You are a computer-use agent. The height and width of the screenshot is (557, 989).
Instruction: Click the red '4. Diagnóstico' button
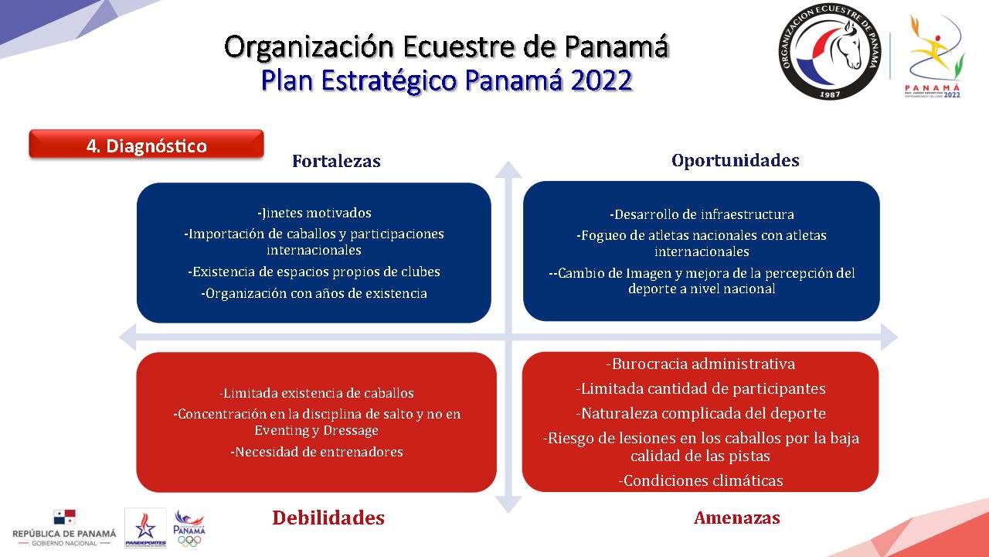(146, 144)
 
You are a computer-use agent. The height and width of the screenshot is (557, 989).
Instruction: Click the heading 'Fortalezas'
(336, 161)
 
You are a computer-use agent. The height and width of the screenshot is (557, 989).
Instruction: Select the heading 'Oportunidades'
(735, 160)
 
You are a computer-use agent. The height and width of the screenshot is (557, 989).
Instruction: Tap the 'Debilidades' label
(328, 518)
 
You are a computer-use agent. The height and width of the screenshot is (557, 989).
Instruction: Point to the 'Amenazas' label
(737, 518)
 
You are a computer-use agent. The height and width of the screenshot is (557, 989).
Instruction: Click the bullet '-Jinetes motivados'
(314, 213)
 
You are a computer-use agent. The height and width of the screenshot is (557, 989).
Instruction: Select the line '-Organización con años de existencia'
(314, 293)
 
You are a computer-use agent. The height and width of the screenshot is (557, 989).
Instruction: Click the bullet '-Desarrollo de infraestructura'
(702, 214)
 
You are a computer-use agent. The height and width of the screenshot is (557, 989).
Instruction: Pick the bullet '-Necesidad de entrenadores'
(317, 452)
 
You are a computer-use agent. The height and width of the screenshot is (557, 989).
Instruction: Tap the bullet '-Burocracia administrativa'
(701, 364)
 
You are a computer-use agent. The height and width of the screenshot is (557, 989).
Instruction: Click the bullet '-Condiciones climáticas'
(701, 480)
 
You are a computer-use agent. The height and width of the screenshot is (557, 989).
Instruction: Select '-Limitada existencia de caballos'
(317, 393)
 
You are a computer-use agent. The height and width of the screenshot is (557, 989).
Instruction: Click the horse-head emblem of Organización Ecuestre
(829, 51)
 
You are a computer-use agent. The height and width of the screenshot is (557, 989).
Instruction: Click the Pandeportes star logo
(145, 528)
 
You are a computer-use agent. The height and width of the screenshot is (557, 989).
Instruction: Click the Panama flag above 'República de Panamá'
(64, 518)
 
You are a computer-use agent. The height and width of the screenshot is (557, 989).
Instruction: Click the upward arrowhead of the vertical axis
(508, 169)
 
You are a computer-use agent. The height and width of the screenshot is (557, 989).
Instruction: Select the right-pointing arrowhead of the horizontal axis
(889, 337)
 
